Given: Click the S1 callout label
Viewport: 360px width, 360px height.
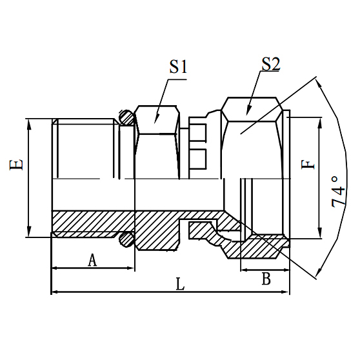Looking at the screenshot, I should click(x=177, y=66).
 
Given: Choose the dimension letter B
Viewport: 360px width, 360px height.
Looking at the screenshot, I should click(x=265, y=278).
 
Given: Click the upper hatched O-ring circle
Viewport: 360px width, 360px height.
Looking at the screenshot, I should click(x=126, y=118).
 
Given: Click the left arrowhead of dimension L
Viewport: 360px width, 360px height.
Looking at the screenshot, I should click(x=54, y=292).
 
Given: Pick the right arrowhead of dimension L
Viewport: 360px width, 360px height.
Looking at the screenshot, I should click(x=286, y=292).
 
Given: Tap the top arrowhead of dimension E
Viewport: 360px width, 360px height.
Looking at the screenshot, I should click(x=28, y=122).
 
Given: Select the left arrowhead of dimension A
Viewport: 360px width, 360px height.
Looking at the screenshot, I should click(x=54, y=267).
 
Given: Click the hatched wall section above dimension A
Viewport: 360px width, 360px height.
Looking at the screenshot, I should click(x=90, y=223).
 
